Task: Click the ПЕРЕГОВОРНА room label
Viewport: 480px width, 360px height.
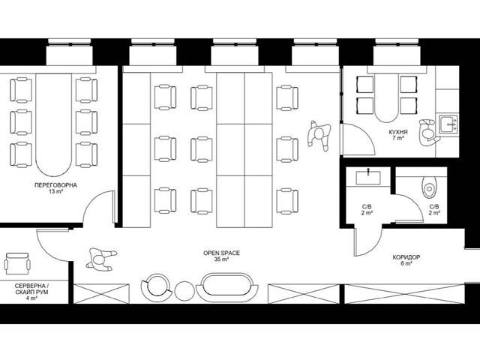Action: coord(55,185)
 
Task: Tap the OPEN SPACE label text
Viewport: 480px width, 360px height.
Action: coord(222,253)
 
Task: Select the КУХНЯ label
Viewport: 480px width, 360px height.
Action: coord(398,132)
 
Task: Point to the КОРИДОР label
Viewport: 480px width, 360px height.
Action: coord(406,257)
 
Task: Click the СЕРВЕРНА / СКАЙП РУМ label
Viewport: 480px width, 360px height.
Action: coord(31,289)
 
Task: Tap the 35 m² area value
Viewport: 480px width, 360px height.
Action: coord(222,259)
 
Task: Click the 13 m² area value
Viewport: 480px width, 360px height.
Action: coord(55,192)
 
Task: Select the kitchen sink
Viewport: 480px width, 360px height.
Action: coord(448,124)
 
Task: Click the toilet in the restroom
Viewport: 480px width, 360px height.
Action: coord(430,187)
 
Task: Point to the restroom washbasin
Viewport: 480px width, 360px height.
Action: coord(368,177)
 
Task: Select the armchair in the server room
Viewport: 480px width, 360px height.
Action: coord(17,263)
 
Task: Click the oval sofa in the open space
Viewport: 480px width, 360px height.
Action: coord(226,288)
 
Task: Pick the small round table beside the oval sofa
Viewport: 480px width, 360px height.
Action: coord(184,291)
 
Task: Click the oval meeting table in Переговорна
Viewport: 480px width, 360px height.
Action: coord(53,125)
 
